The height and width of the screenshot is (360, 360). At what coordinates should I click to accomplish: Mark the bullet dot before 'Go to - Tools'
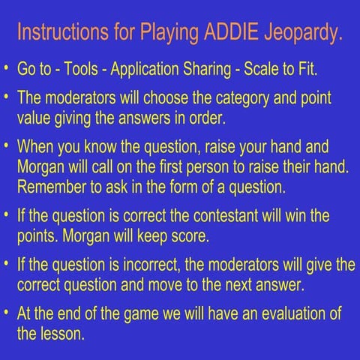coord(6,70)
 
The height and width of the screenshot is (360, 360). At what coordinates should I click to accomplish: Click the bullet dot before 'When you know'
coord(6,146)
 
